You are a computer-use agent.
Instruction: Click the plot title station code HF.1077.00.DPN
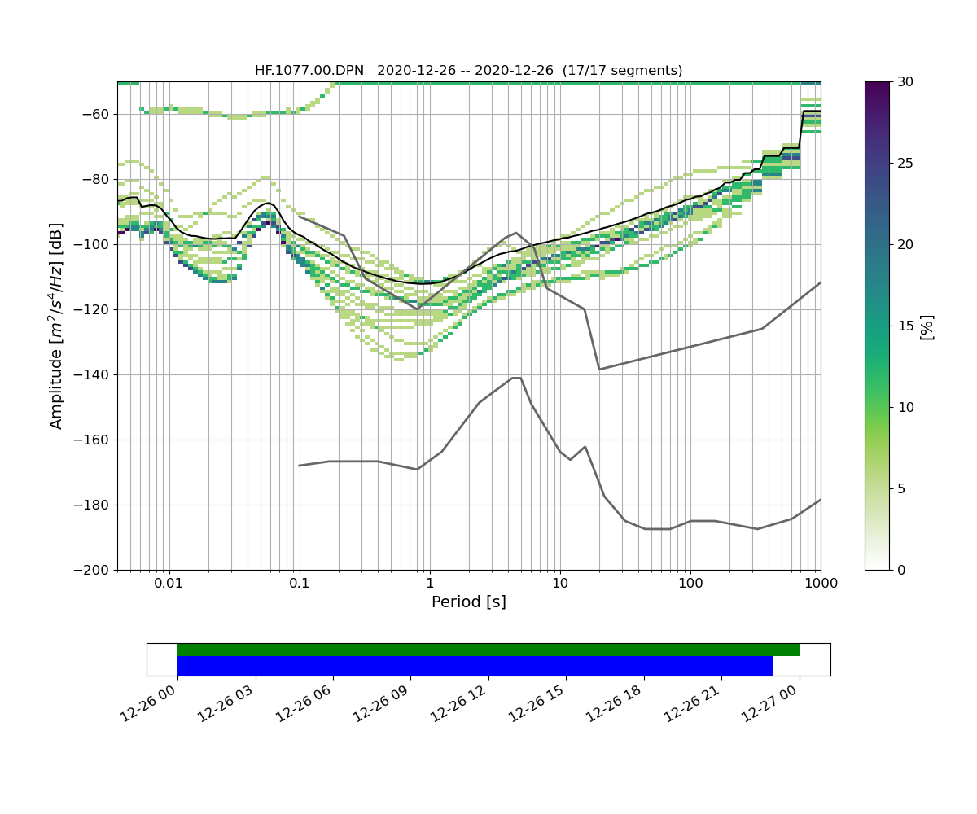click(x=309, y=71)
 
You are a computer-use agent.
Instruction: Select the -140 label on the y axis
click(x=94, y=374)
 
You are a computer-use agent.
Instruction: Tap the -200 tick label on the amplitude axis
click(x=94, y=570)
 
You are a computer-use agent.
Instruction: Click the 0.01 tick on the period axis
click(x=169, y=584)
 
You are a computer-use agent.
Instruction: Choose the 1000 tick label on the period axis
click(x=820, y=584)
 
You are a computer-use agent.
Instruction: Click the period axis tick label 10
click(x=559, y=584)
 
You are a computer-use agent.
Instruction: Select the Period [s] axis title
click(x=468, y=602)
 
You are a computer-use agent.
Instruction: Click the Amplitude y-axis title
click(x=56, y=326)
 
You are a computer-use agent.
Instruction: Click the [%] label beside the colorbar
click(x=927, y=326)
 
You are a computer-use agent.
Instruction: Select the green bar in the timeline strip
click(x=488, y=650)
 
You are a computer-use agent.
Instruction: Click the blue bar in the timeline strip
click(x=475, y=666)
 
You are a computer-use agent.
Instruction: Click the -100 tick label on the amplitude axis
click(x=94, y=244)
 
